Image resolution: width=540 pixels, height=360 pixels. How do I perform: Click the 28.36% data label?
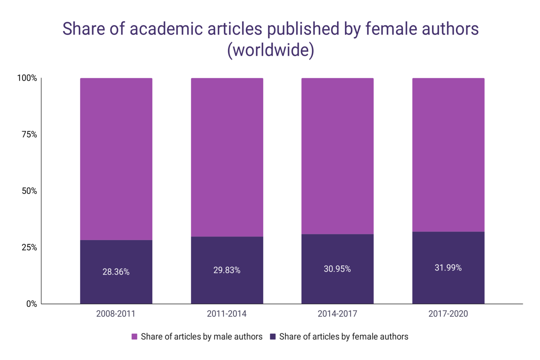116,272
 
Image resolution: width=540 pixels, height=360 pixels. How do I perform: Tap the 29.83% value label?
227,270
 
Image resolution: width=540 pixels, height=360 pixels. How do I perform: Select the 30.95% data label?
337,269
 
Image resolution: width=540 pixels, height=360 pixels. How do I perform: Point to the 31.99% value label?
448,268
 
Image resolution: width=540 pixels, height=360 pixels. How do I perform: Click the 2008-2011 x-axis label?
116,314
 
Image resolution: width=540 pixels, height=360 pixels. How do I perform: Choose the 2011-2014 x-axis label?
227,314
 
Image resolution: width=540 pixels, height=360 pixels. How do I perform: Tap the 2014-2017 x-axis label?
337,314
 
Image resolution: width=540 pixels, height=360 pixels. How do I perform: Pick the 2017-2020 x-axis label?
448,314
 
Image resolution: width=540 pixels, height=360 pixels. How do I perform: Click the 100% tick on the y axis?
27,78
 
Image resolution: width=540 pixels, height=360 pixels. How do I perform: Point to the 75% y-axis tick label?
29,134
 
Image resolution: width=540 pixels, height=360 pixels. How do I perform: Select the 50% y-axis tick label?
29,191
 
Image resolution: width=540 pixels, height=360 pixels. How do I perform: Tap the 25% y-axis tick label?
29,247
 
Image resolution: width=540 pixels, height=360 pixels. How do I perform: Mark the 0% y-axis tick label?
31,304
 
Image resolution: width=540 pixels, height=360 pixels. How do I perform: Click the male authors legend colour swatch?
134,337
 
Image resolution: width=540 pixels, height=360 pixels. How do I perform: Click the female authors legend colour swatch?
273,337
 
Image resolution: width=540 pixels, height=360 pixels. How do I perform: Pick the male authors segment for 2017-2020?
448,155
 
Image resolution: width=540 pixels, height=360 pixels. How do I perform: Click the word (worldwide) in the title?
270,50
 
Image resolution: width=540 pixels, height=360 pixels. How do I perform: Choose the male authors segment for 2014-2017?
337,156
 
